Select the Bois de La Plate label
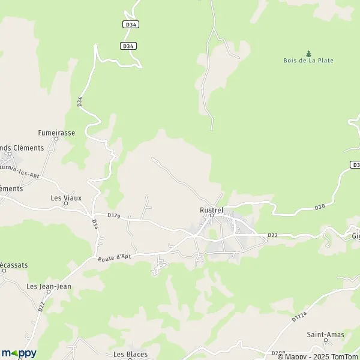308,61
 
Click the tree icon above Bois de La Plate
309,53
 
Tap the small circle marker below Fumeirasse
56,139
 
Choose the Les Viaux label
65,197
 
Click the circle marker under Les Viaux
66,203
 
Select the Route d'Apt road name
114,257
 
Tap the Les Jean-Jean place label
49,286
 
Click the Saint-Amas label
325,334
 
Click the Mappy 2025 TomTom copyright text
316,356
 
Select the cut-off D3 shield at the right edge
355,164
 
